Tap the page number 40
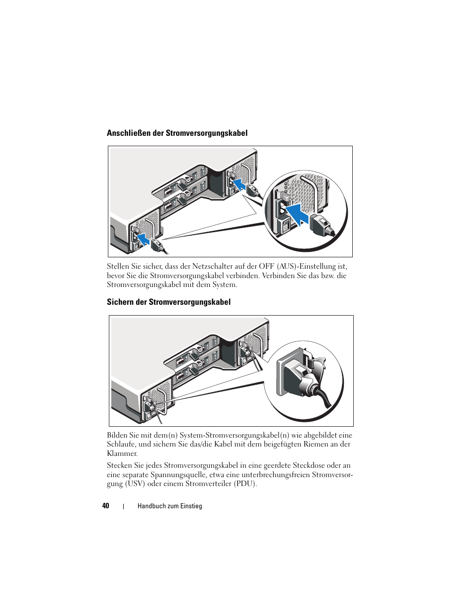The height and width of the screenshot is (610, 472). [x=105, y=505]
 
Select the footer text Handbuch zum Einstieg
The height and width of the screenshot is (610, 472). [x=170, y=506]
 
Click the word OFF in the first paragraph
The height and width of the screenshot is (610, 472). [x=266, y=266]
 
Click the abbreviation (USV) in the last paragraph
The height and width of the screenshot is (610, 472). [x=135, y=484]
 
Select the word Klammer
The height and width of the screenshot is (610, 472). [x=122, y=453]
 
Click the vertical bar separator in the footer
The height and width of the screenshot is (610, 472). [x=123, y=506]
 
